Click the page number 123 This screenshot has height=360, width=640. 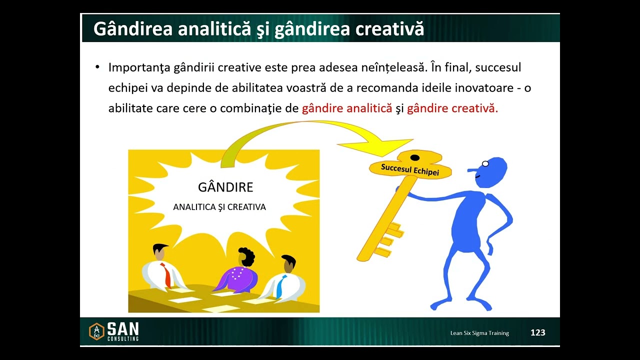pyautogui.click(x=537, y=332)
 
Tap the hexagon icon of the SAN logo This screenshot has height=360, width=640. pyautogui.click(x=96, y=331)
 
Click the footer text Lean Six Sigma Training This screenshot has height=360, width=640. pyautogui.click(x=479, y=333)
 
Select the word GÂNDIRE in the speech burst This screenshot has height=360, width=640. pyautogui.click(x=225, y=187)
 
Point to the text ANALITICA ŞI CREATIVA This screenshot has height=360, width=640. pyautogui.click(x=219, y=207)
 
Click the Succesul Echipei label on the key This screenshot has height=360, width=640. pyautogui.click(x=410, y=169)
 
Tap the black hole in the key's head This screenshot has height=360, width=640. pyautogui.click(x=414, y=158)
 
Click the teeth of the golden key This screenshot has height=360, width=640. pyautogui.click(x=390, y=240)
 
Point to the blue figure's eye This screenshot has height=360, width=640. pyautogui.click(x=485, y=163)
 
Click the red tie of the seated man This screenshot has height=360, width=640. pyautogui.click(x=166, y=275)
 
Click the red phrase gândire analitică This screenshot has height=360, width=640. pyautogui.click(x=347, y=108)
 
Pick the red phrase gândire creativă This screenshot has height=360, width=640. pyautogui.click(x=452, y=108)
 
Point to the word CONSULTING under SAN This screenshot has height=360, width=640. pyautogui.click(x=123, y=339)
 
